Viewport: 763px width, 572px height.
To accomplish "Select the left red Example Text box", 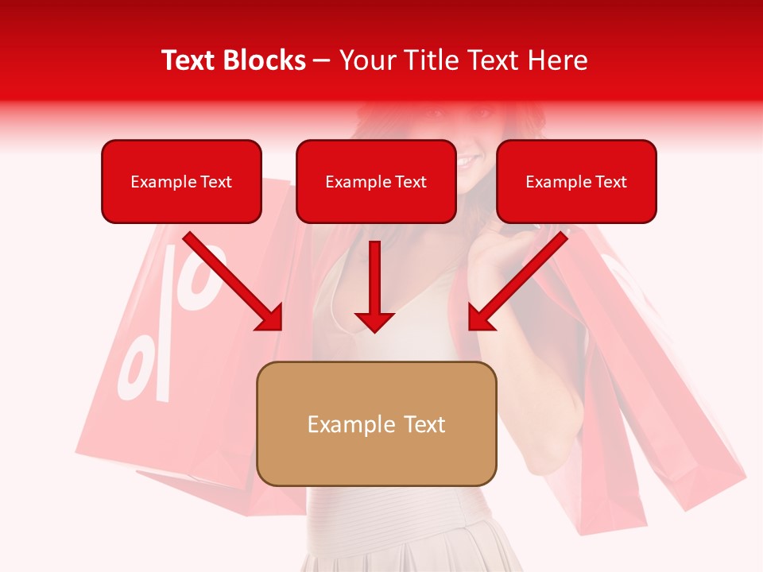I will coord(181,182).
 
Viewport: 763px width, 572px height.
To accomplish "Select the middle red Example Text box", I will coord(376,182).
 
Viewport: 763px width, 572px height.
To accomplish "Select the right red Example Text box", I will coord(576,182).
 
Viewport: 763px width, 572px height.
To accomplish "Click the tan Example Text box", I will coord(376,424).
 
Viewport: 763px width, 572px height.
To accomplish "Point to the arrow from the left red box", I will coord(230,280).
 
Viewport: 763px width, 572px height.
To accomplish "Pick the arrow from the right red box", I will coord(521,280).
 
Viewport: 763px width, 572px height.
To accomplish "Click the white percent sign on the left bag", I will coord(171,326).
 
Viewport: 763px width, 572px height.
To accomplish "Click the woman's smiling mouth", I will coord(467,161).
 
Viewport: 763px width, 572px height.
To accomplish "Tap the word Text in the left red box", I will coord(216,182).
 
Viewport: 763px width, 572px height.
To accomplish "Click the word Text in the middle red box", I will coord(411,182).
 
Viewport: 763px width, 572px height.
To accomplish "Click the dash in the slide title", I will coord(322,61).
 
